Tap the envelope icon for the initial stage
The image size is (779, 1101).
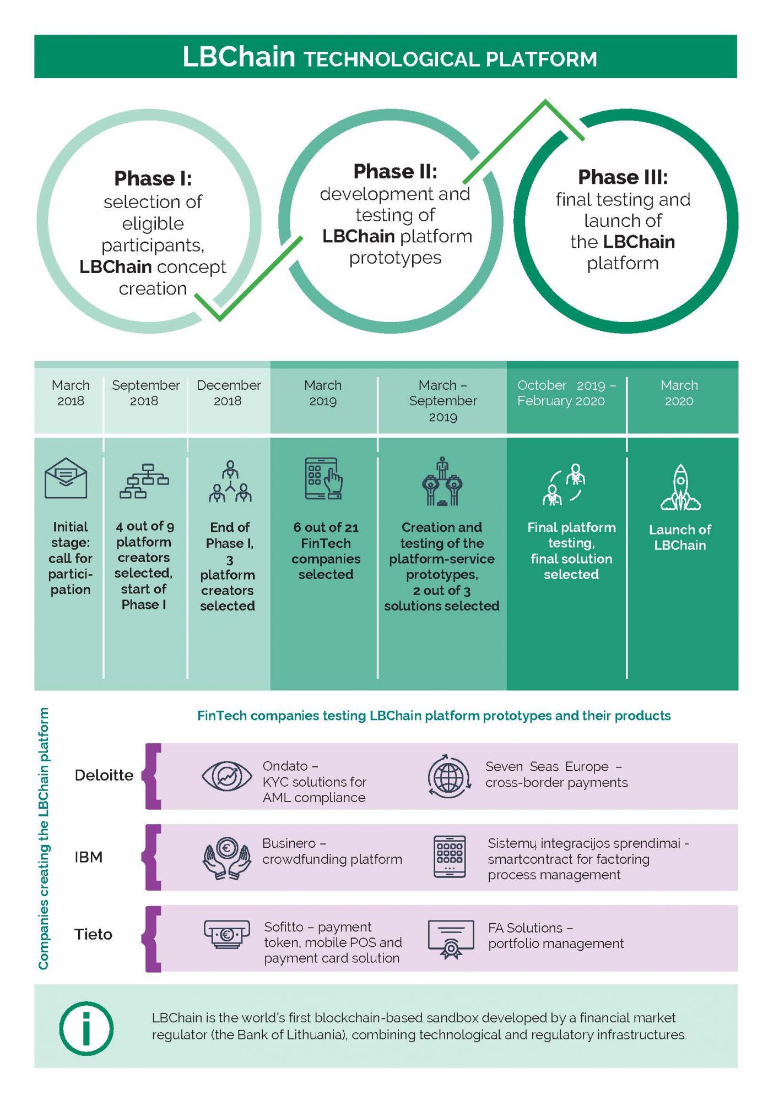[66, 478]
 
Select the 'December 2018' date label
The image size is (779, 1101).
[229, 393]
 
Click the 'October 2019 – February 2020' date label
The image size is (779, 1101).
[566, 393]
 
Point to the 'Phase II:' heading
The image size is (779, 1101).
[395, 171]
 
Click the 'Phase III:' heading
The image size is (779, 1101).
[623, 177]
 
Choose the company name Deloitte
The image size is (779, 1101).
[104, 775]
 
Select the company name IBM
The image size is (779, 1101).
[89, 857]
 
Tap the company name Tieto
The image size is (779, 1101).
[94, 934]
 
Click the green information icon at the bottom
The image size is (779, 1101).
[86, 1028]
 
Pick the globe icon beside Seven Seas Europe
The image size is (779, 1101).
[450, 776]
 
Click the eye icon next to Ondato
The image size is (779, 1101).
[227, 776]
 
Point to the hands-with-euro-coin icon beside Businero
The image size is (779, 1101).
[227, 858]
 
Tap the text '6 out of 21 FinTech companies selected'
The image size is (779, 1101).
[326, 550]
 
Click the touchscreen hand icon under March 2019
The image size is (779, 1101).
[324, 478]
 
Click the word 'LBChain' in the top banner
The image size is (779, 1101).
[239, 57]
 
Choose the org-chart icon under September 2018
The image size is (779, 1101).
[144, 481]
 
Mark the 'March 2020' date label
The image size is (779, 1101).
[679, 393]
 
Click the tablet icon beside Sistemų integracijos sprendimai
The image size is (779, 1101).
[450, 857]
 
